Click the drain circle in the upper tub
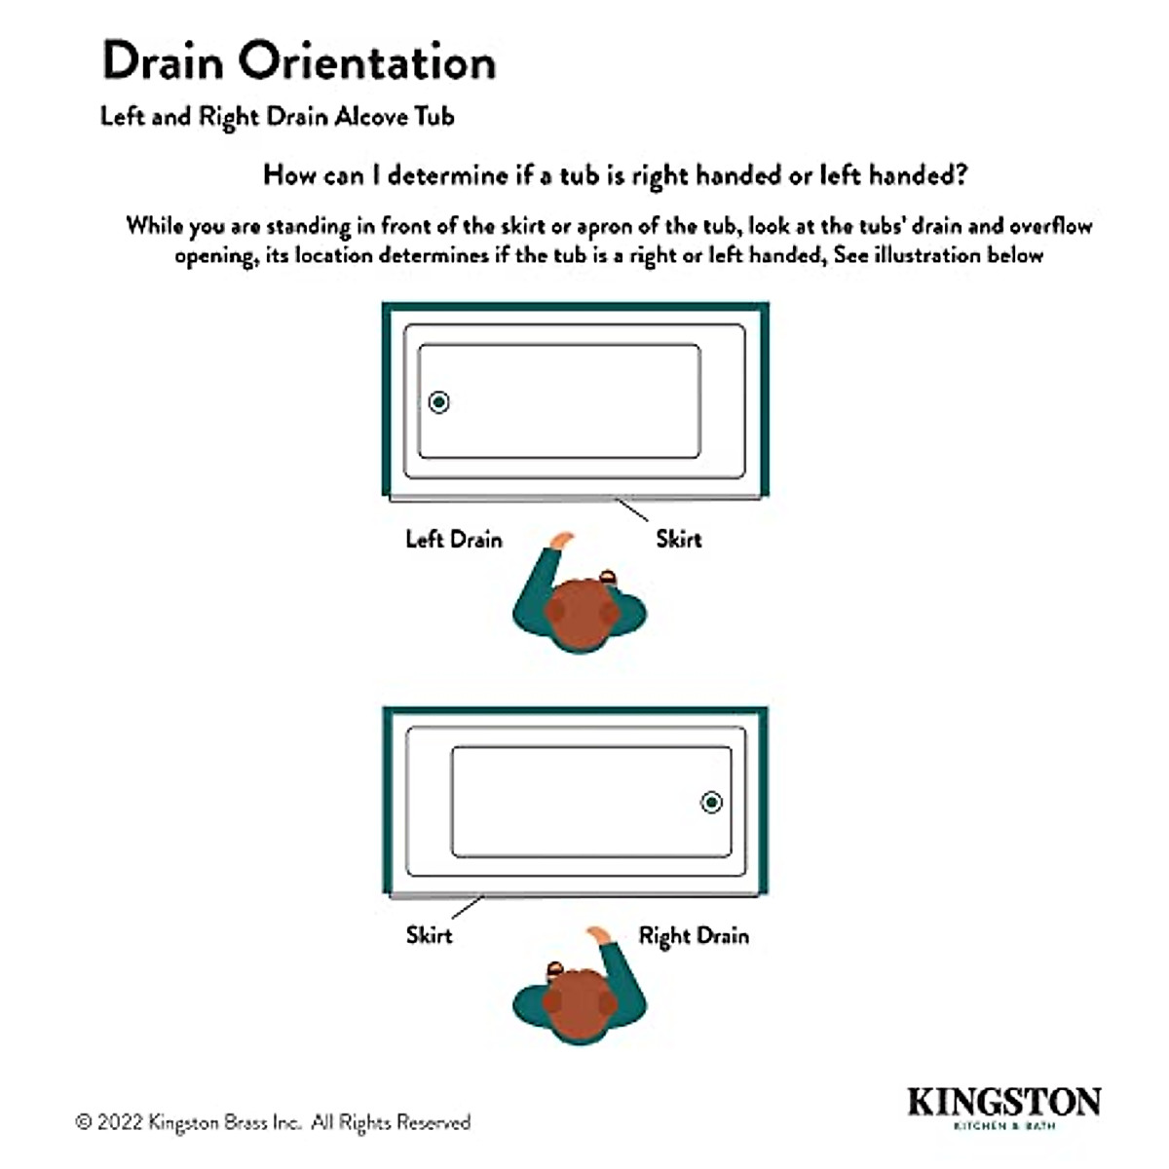pos(438,401)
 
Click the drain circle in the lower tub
pos(712,802)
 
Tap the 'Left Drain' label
pos(454,540)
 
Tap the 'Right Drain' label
pos(694,936)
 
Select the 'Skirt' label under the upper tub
pos(678,540)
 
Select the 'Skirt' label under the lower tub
pos(429,936)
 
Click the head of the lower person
pos(579,1003)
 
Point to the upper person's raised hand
pos(561,539)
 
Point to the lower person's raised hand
pos(597,935)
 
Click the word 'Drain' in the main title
pos(164,61)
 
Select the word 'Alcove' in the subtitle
pos(371,117)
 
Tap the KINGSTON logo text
pos(1003,1102)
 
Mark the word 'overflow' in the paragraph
pos(1050,226)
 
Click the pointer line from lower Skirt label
pos(468,907)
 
